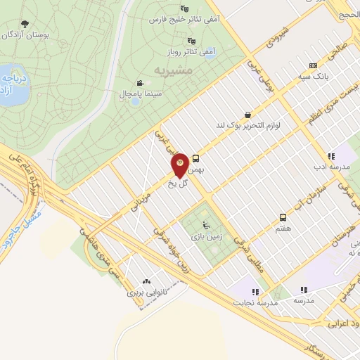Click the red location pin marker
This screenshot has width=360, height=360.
pyautogui.click(x=179, y=165)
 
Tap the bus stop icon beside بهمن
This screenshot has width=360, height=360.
pyautogui.click(x=196, y=158)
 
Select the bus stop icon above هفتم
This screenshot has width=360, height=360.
pyautogui.click(x=283, y=217)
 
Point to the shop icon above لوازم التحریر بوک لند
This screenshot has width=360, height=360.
pyautogui.click(x=247, y=115)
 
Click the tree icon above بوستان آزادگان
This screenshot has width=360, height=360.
pyautogui.click(x=25, y=24)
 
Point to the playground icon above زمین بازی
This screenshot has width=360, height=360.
pyautogui.click(x=205, y=226)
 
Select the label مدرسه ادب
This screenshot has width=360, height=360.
pyautogui.click(x=331, y=167)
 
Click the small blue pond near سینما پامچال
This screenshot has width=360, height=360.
pyautogui.click(x=134, y=101)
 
